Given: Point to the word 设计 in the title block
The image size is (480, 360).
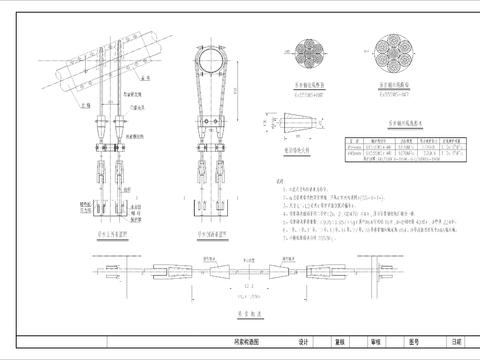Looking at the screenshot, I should [x=302, y=341].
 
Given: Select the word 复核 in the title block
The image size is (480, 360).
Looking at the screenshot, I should [x=340, y=341].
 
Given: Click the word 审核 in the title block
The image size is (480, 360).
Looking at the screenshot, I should [x=377, y=341].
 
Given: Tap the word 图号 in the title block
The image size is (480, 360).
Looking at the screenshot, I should [x=415, y=341].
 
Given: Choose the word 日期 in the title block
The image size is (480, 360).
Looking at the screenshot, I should [x=457, y=341].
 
